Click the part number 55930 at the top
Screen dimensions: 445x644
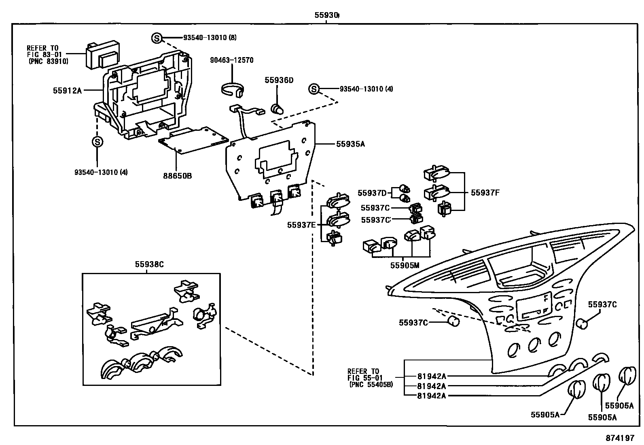click(326, 15)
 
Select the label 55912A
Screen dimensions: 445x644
click(67, 91)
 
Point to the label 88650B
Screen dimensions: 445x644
click(178, 176)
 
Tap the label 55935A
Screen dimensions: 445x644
click(350, 143)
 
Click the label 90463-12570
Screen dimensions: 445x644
click(232, 60)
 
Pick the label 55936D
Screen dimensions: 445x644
click(279, 80)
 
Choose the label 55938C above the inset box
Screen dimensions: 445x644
click(149, 264)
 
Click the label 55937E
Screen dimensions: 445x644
click(301, 225)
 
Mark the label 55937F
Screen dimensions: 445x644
click(485, 193)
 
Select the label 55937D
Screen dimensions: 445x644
click(372, 193)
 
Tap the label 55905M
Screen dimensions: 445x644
click(405, 265)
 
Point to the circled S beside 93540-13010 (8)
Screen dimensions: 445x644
click(157, 38)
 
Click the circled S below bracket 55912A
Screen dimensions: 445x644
click(97, 142)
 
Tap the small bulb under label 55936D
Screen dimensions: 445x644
click(278, 109)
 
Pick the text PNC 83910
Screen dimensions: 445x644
click(49, 62)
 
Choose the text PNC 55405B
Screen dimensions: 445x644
click(371, 384)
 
